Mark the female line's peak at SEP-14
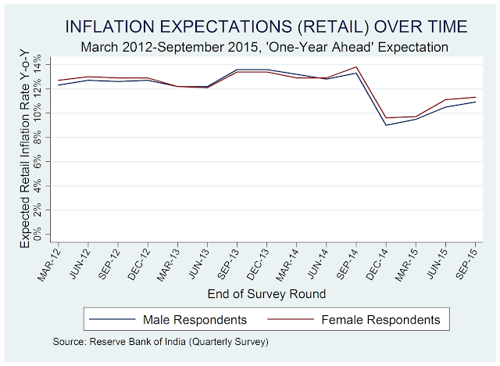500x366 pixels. (356, 67)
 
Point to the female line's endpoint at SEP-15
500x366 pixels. (476, 97)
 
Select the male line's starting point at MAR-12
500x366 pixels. (59, 84)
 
